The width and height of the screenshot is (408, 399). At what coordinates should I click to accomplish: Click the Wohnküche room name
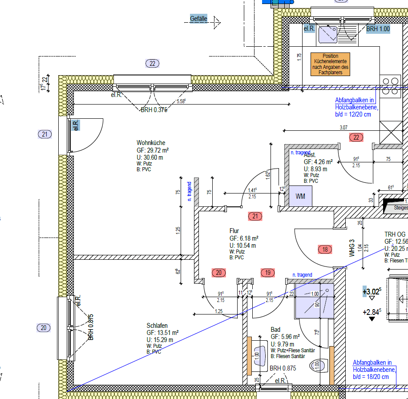click(x=151, y=143)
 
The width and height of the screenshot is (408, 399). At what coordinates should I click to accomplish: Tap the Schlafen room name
click(x=157, y=326)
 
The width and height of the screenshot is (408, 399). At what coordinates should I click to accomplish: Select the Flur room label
click(x=234, y=231)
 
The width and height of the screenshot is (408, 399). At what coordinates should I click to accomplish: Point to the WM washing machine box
click(x=300, y=197)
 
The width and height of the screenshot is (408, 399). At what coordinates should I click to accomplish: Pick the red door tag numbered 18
click(x=325, y=250)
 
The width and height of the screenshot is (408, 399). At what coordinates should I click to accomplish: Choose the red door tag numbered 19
click(x=267, y=273)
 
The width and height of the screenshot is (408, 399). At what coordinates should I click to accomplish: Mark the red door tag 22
click(x=356, y=137)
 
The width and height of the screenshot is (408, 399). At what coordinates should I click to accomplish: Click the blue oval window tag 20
click(x=44, y=328)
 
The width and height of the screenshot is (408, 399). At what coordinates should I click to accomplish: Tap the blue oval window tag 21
click(x=44, y=134)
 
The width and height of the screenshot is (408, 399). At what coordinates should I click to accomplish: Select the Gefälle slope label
click(x=198, y=19)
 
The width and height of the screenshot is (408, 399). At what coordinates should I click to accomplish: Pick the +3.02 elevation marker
click(x=372, y=292)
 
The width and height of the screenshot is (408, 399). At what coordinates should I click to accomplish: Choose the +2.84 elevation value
click(x=372, y=312)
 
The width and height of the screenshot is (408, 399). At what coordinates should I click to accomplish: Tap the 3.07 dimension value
click(x=343, y=128)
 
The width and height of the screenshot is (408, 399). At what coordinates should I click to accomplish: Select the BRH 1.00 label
click(x=378, y=29)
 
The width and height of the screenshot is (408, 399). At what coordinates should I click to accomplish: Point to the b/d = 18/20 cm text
click(x=371, y=376)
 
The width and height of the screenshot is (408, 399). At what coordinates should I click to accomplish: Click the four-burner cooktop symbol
click(x=391, y=87)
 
